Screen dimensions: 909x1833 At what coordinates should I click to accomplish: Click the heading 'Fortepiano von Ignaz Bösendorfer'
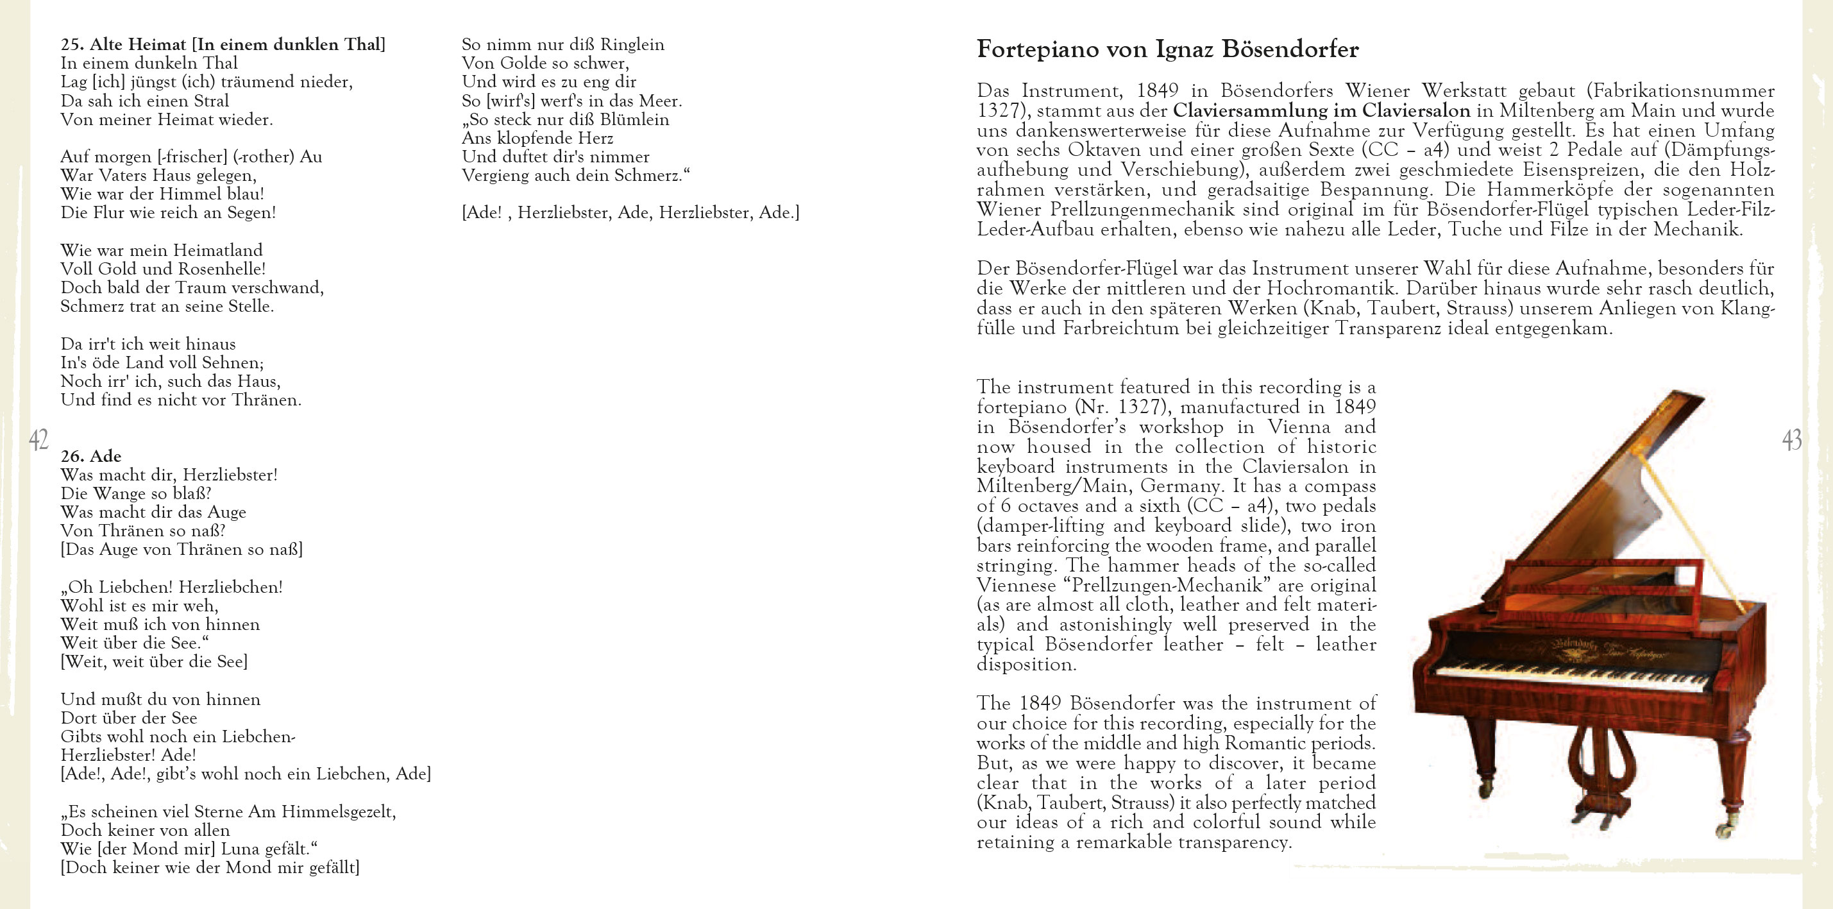click(x=1167, y=50)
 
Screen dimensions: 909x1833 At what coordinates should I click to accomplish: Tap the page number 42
click(x=38, y=440)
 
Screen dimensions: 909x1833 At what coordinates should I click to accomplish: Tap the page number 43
click(x=1792, y=440)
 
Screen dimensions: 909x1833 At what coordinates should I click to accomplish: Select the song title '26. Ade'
click(x=91, y=456)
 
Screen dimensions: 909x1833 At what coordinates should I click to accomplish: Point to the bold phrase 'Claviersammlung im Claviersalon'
click(x=1321, y=111)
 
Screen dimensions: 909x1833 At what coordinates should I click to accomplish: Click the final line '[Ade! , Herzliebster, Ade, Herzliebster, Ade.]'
click(x=630, y=213)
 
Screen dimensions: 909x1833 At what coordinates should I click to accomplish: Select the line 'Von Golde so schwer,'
click(x=545, y=64)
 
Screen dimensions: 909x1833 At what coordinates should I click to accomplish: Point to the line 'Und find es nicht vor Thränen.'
click(x=181, y=400)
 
